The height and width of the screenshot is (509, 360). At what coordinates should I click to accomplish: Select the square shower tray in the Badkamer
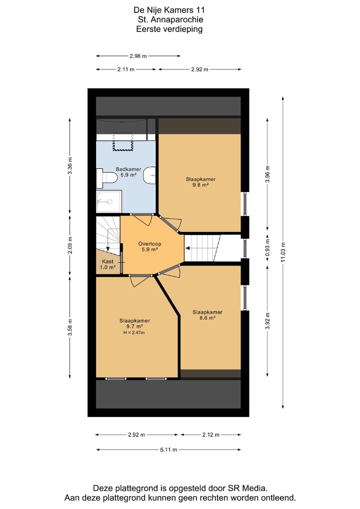[108, 201]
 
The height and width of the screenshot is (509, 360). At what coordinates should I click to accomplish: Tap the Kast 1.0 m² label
[108, 264]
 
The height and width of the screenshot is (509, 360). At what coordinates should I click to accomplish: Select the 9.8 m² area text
[200, 184]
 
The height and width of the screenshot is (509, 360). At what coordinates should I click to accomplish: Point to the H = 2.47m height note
[134, 332]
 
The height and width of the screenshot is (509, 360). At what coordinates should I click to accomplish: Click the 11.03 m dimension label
[283, 248]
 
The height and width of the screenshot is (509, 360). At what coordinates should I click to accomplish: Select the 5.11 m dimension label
[168, 449]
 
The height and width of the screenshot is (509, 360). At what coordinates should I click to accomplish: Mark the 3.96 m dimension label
[267, 174]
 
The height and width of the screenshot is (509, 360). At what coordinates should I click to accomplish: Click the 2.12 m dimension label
[210, 434]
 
